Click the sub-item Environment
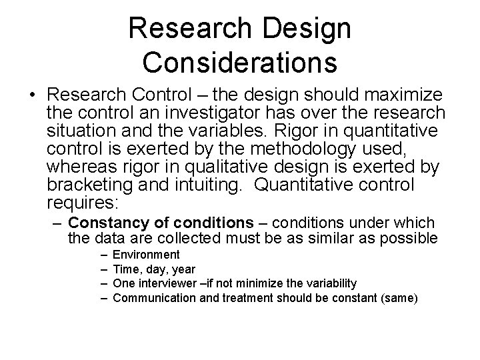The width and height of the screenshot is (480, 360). tap(146, 255)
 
